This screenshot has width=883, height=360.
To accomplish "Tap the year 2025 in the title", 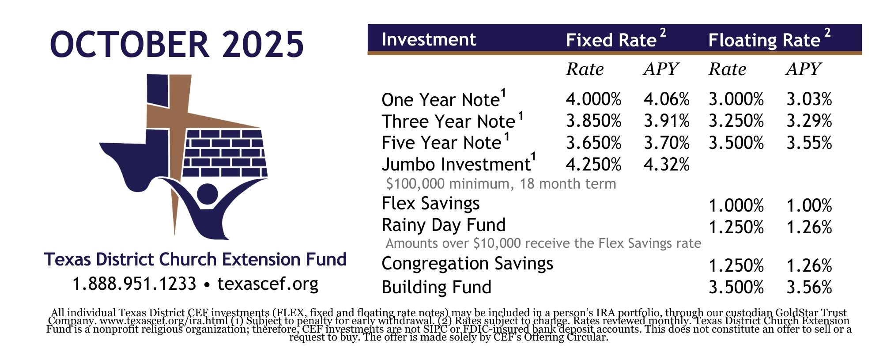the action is point(263,44).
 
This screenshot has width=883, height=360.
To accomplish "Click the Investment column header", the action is point(429,39).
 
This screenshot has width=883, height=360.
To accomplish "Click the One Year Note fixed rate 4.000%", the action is point(594,99).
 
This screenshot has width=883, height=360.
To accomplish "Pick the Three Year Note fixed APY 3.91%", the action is point(666,121).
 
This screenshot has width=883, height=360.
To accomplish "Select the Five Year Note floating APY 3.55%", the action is point(809,143).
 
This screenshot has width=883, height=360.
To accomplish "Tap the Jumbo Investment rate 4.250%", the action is point(594,164).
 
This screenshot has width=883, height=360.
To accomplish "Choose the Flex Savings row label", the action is point(430,204).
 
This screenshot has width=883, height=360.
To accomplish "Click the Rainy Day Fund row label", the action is point(444,225).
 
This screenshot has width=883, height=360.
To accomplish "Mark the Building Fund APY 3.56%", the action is point(809,287).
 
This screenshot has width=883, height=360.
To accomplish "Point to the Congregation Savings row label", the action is point(467,264).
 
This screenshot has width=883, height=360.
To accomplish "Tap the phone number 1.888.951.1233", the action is point(134,284).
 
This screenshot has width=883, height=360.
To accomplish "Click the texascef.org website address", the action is point(268,284).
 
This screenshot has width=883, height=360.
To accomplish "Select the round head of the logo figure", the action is point(207,193).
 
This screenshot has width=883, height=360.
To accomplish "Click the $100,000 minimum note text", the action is point(501,183).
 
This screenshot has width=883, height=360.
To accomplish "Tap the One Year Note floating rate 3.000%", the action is point(736,99).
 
